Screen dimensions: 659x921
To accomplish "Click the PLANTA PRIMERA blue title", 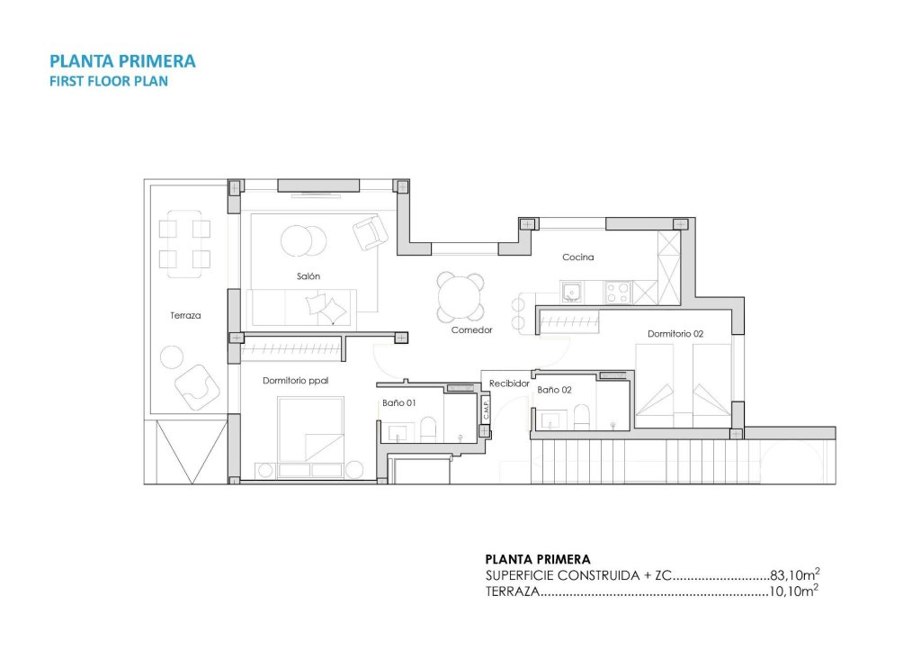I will pos(123,61).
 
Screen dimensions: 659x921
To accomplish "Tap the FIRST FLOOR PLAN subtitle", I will pos(109,80).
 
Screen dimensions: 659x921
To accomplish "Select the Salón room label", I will pos(308,276).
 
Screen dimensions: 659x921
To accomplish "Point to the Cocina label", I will pos(578,257).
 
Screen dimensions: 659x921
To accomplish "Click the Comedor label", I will pos(472,330).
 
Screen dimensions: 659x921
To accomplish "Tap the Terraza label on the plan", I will pos(185,316).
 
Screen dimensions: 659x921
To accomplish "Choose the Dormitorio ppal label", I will pos(296,381).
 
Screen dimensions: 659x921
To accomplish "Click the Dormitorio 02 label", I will pos(675,334).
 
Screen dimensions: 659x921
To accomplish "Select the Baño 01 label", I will pos(398,403).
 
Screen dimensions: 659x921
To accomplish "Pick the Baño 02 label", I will pos(554,391).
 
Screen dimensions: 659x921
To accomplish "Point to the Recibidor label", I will pos(509,384).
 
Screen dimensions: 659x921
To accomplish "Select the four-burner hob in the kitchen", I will pos(617,292).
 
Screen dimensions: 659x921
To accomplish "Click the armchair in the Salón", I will pos(370,233).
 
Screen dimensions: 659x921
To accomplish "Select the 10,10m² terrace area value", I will pos(794,591).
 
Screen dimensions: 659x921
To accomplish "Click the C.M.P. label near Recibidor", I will pos(485,410).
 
